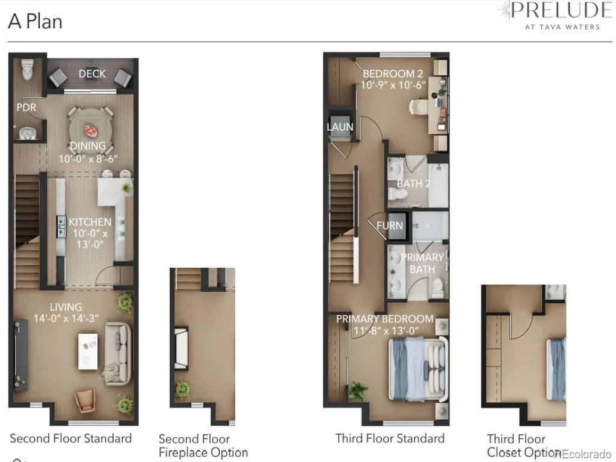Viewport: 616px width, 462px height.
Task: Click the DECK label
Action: (x=92, y=74)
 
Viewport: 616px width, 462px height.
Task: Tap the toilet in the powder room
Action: (x=27, y=69)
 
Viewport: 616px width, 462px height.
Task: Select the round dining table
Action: (x=90, y=130)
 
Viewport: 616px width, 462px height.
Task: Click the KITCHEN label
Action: (x=90, y=222)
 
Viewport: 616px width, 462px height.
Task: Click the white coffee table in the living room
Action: (x=88, y=351)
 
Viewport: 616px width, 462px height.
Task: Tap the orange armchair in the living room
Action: (x=85, y=400)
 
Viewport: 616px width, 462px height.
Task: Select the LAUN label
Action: (x=340, y=127)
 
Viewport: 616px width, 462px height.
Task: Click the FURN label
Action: (x=390, y=226)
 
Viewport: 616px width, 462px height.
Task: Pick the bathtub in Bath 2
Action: (x=438, y=185)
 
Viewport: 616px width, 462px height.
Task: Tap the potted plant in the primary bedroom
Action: (x=358, y=390)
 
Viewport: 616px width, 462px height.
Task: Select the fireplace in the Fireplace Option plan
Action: (x=181, y=348)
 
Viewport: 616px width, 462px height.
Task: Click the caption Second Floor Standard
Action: (x=71, y=439)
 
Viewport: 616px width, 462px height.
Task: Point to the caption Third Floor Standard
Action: (x=390, y=439)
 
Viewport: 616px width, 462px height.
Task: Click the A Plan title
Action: (x=35, y=21)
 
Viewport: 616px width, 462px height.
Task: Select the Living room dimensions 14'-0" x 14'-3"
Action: (x=66, y=318)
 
